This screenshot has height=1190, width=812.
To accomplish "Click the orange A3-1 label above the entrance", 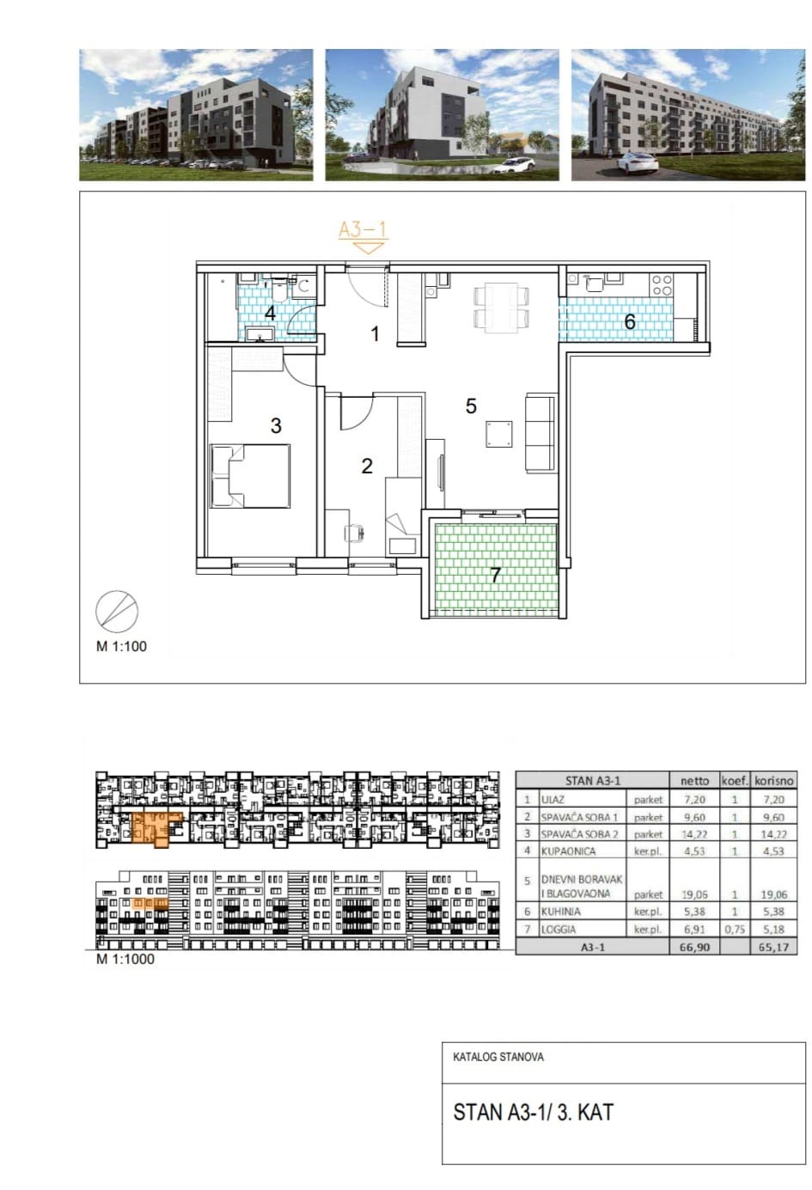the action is point(363,229).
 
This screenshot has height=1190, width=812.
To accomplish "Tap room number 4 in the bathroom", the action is point(270,314).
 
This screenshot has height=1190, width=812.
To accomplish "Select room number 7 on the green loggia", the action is point(495,574).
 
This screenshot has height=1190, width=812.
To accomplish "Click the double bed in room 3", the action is point(251,476).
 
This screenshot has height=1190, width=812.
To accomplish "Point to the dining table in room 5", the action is point(502,307).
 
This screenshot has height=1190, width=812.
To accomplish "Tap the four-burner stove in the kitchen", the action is point(662,284).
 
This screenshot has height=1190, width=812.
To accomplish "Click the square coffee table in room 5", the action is point(499,434).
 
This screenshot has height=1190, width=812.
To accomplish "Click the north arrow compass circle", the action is point(116,611).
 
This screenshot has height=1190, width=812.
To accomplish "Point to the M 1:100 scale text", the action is point(121,646).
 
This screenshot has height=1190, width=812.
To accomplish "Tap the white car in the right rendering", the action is point(638,162).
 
